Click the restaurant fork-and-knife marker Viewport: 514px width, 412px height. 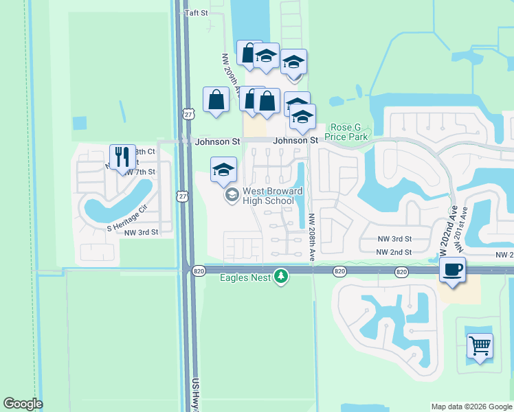(122, 157)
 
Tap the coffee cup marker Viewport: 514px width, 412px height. (453, 269)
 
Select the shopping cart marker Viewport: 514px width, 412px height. (480, 346)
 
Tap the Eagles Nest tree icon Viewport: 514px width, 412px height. (280, 276)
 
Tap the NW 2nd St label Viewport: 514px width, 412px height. (393, 253)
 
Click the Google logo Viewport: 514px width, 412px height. (23, 404)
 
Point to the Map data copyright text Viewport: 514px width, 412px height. (471, 407)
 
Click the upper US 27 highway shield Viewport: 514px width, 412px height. (188, 113)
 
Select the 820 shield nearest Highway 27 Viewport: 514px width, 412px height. (199, 271)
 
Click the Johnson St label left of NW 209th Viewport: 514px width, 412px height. (217, 142)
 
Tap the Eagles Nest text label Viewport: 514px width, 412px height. (245, 277)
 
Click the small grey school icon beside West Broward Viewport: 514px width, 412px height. (232, 196)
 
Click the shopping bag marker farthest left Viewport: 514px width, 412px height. (216, 100)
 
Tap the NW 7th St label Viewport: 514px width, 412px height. (140, 172)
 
